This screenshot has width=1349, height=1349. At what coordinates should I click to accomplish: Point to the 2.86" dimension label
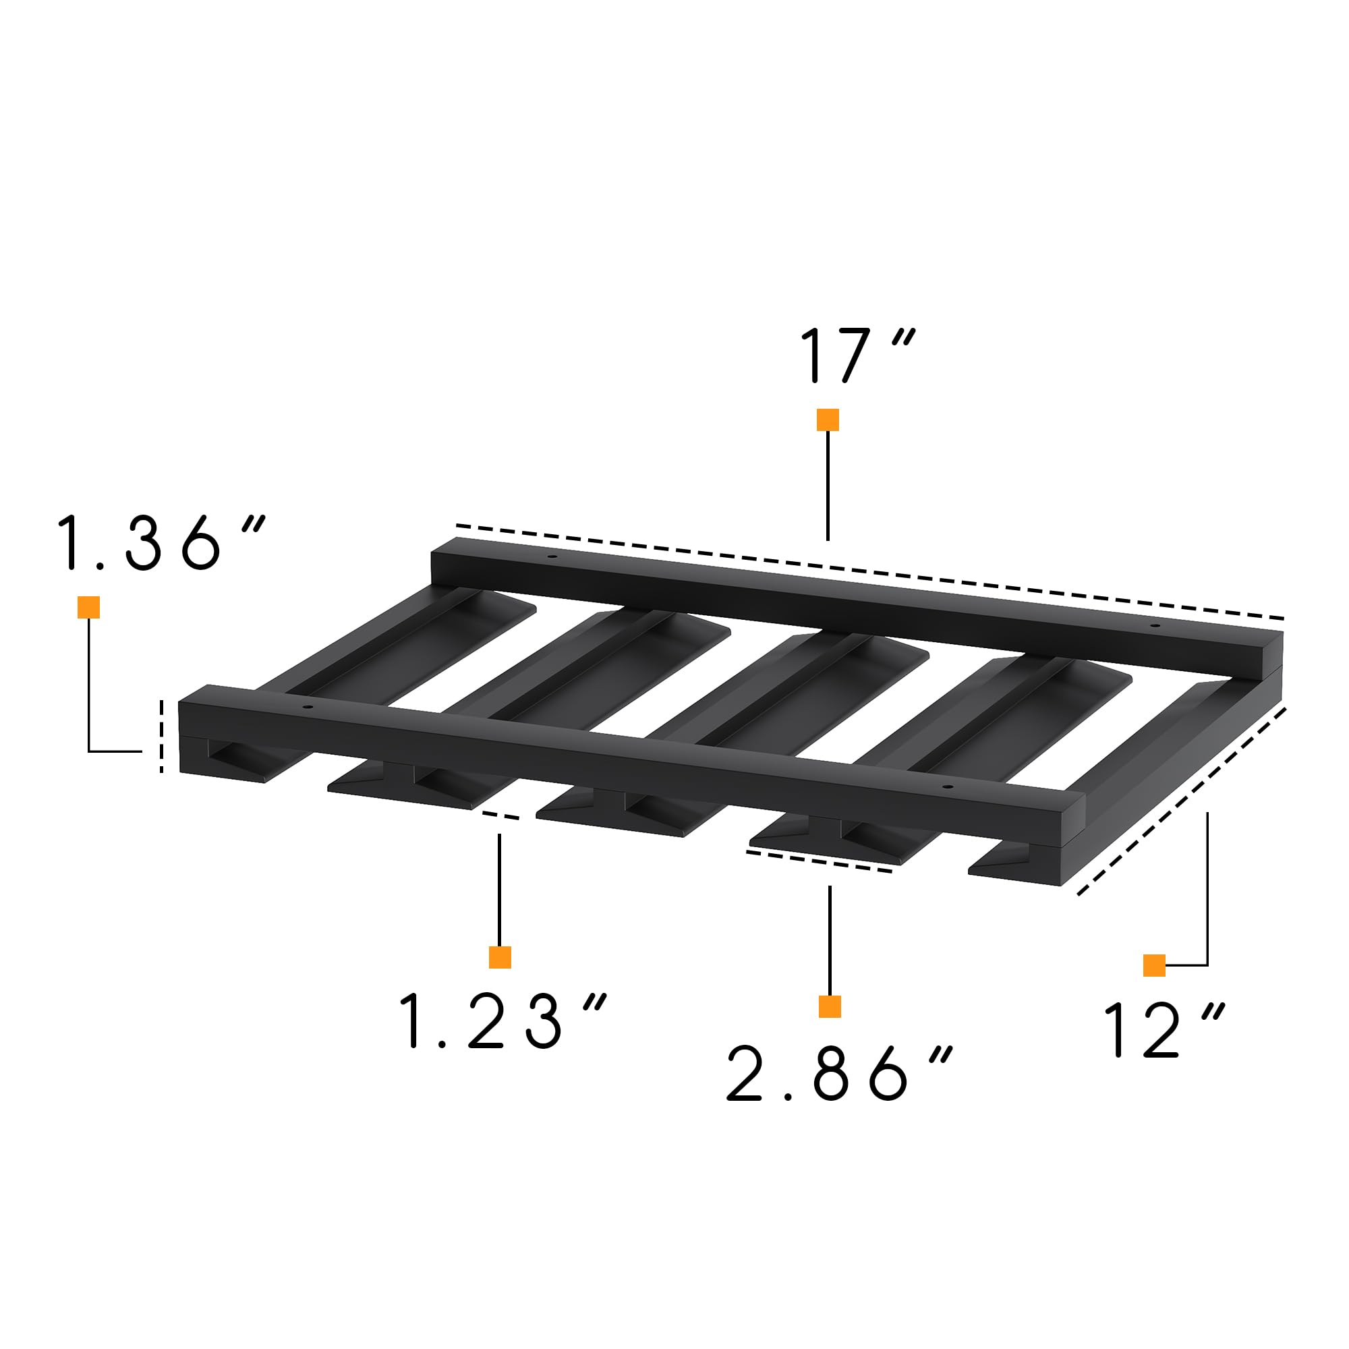click(x=838, y=1073)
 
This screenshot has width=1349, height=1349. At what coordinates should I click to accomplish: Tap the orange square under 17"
click(x=828, y=420)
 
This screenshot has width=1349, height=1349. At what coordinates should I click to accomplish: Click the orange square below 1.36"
click(x=88, y=607)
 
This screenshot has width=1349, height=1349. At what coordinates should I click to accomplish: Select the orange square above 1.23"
click(x=500, y=956)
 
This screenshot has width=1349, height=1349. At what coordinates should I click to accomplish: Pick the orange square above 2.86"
click(x=830, y=1006)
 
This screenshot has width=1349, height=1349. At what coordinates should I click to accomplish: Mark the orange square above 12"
click(x=1154, y=965)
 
